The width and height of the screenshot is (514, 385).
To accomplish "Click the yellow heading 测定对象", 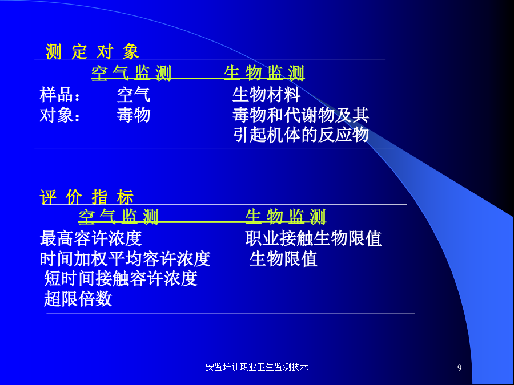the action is tap(92, 52).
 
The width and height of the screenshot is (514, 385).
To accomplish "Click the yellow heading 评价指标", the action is tap(87, 197).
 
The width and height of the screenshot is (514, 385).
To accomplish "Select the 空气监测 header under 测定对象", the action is tap(131, 73).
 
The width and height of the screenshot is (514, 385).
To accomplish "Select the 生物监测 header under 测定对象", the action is tap(264, 73).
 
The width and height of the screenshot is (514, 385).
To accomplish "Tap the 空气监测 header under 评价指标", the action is tap(118, 217).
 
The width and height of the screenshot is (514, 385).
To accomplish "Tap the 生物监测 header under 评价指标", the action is tap(286, 217).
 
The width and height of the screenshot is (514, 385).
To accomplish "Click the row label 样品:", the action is tap(60, 95).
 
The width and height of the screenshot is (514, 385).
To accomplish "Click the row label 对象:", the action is tap(60, 115).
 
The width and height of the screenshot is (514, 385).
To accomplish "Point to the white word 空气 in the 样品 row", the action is tap(134, 95).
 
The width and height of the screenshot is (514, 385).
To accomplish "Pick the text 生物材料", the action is tap(266, 95).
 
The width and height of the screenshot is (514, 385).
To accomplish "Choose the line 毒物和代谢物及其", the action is tap(300, 115).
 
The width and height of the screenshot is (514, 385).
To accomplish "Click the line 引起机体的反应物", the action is tap(300, 135).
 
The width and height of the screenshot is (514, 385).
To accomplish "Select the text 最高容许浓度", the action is tap(91, 238).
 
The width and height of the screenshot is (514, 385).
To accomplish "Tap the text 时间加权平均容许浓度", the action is tap(125, 259).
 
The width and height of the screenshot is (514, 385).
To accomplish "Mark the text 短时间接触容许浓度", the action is tap(121, 278).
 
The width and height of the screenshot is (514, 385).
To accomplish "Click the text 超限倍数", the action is tap(78, 299).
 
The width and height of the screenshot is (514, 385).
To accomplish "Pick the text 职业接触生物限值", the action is tap(314, 238).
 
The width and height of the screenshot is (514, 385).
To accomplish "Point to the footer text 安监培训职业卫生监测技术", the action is tap(257, 367).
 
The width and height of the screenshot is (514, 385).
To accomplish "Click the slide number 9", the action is tap(459, 368).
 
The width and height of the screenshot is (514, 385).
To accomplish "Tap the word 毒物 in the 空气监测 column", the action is tap(134, 115).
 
